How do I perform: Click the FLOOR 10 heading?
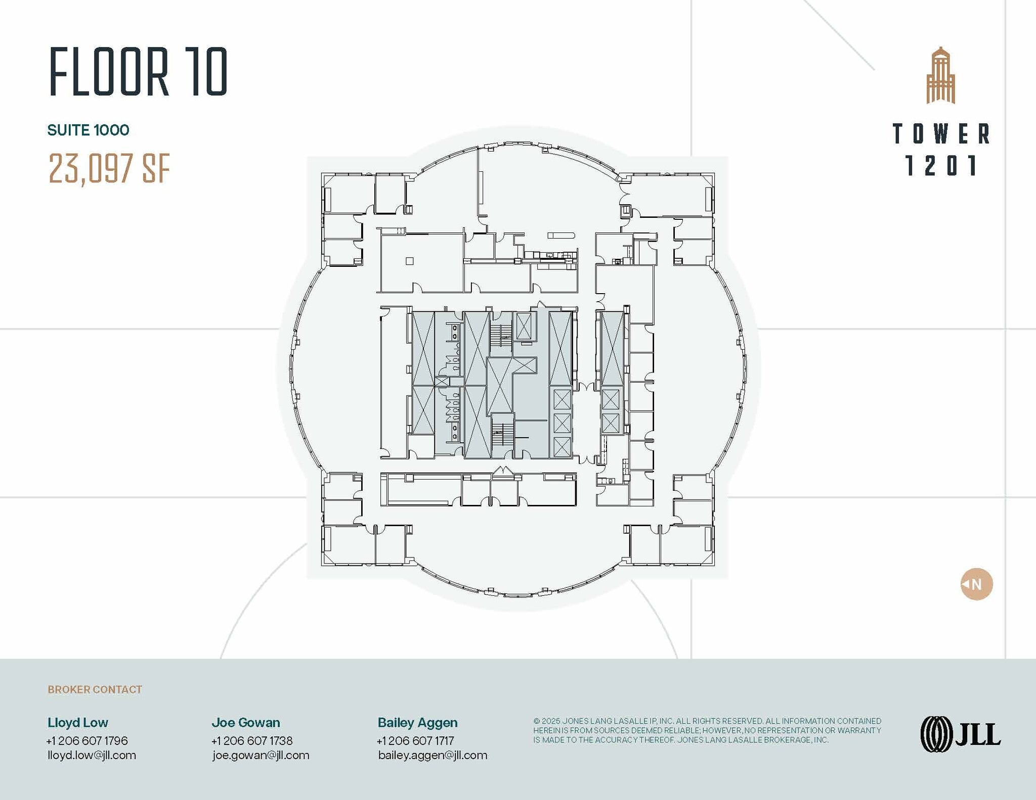pos(138,72)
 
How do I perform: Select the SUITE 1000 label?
pos(88,130)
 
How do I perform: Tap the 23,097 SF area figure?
pos(109,168)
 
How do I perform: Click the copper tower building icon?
pos(940,76)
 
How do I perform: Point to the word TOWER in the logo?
pos(941,134)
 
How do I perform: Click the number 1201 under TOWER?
pos(941,166)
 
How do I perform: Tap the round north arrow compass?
pos(976,584)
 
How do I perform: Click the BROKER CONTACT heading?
pos(95,690)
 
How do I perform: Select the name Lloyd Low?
pos(78,723)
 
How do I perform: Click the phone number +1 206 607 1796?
pos(87,741)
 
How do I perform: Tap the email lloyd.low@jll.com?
pos(92,756)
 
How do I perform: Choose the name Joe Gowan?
pos(245,723)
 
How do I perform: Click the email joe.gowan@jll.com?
pos(261,756)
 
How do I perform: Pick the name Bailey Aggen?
pos(417,723)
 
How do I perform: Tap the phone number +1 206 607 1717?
pos(415,741)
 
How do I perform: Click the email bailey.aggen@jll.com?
pos(433,756)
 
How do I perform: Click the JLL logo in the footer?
pos(960,734)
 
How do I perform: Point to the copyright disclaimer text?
pos(707,730)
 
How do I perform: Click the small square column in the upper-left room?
pos(410,261)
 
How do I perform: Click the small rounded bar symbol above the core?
pos(561,236)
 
